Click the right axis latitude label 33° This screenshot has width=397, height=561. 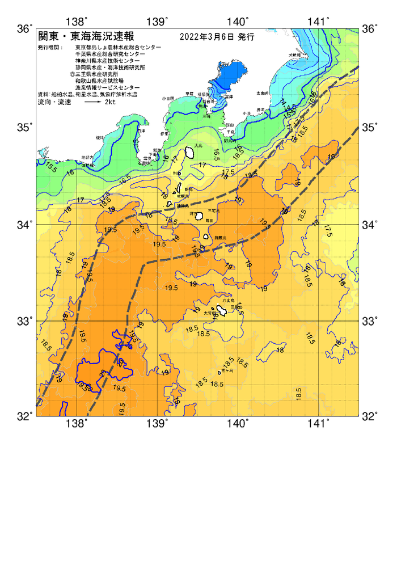(371, 321)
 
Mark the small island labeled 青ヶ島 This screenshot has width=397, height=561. (219, 373)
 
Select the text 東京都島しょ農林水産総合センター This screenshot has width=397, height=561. (117, 47)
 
